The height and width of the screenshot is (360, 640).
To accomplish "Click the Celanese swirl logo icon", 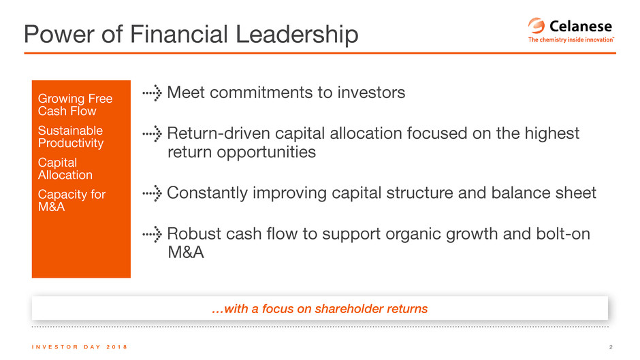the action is pos(537,26).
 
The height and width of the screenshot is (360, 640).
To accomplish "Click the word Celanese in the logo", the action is pos(580,26).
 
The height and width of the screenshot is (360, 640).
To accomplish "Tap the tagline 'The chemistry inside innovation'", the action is pos(571,39).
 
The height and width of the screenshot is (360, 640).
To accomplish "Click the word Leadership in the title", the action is pos(297,34).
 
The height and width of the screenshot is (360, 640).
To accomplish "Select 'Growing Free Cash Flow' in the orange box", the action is pos(75,105).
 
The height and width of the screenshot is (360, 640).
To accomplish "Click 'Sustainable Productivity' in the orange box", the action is pos(71,137).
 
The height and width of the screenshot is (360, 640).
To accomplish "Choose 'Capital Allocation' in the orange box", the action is pos(65,169).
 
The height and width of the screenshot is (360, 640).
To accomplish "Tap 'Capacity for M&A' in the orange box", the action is pos(72,200).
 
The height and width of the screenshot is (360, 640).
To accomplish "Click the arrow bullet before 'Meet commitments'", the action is pos(153,93).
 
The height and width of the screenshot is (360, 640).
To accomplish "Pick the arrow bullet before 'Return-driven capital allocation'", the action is pos(153,134).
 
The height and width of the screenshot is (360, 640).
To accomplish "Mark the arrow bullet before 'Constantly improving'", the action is pos(153,193).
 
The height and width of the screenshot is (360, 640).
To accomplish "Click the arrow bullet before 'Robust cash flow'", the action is pos(153,234).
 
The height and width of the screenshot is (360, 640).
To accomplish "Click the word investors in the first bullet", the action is pos(371,93).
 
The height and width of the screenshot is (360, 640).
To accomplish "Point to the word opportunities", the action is pos(266,152).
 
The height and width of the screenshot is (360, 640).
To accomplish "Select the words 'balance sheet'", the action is pos(544,193).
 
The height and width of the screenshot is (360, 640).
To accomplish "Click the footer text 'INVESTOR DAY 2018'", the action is pos(80,347).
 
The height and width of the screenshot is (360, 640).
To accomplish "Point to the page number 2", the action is pos(611,347).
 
